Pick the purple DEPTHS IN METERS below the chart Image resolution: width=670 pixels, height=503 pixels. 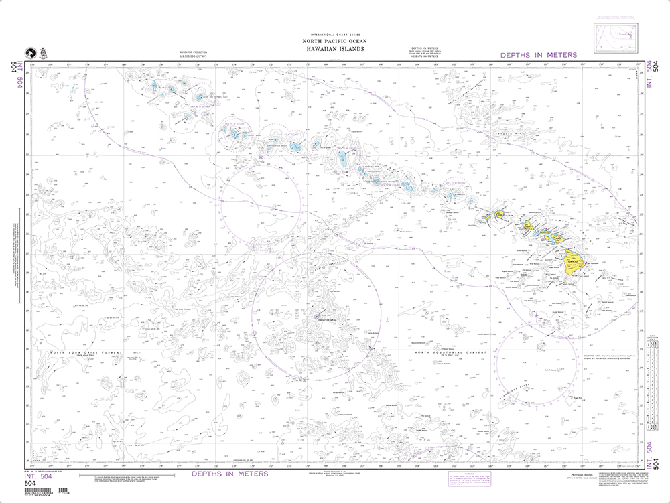pos(229,474)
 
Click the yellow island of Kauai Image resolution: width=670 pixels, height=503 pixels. pos(500,214)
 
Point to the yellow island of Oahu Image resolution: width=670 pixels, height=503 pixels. pos(529,226)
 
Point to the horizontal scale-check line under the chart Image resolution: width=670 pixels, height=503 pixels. pos(127,476)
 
